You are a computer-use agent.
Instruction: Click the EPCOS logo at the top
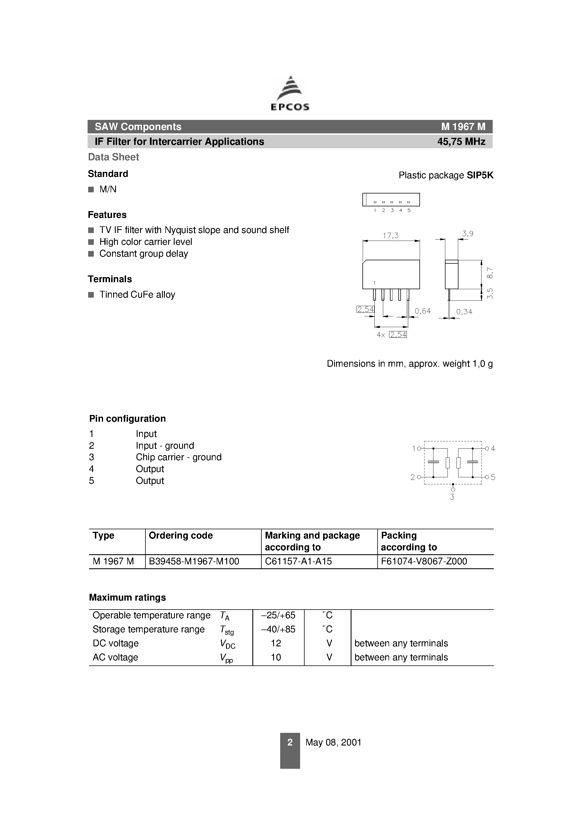[290, 94]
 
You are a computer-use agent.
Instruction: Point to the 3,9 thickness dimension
[467, 234]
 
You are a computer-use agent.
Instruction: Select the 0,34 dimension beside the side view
[464, 312]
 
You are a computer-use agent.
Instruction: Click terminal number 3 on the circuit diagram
[452, 497]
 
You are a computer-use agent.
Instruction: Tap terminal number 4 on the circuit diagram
[493, 448]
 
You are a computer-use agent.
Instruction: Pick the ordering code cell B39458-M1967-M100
[194, 561]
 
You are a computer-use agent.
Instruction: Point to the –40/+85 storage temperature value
[278, 629]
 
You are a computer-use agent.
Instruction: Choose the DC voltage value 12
[276, 643]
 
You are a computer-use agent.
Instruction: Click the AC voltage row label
[115, 657]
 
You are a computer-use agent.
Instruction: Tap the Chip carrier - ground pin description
[179, 457]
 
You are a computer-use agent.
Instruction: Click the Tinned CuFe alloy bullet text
[137, 295]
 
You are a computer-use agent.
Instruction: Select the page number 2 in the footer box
[290, 742]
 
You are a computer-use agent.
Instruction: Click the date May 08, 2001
[333, 742]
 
